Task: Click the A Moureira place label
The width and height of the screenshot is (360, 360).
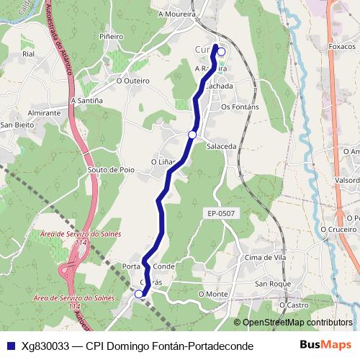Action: (176, 13)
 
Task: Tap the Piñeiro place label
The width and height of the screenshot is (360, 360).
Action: (112, 35)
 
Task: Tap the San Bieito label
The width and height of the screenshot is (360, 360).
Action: (16, 125)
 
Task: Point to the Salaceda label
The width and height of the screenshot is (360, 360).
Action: (221, 145)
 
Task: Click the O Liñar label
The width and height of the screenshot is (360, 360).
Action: (163, 162)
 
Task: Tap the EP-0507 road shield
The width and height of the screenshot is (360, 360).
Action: (221, 213)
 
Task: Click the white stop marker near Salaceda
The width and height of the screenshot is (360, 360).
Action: (192, 135)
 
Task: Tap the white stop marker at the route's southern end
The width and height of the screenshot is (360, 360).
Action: (139, 293)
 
